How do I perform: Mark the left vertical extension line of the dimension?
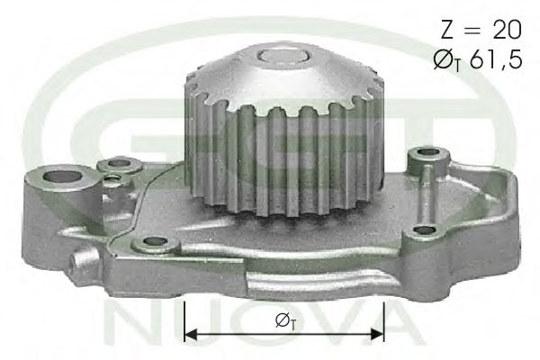[184, 319]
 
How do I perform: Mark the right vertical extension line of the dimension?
[384, 319]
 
